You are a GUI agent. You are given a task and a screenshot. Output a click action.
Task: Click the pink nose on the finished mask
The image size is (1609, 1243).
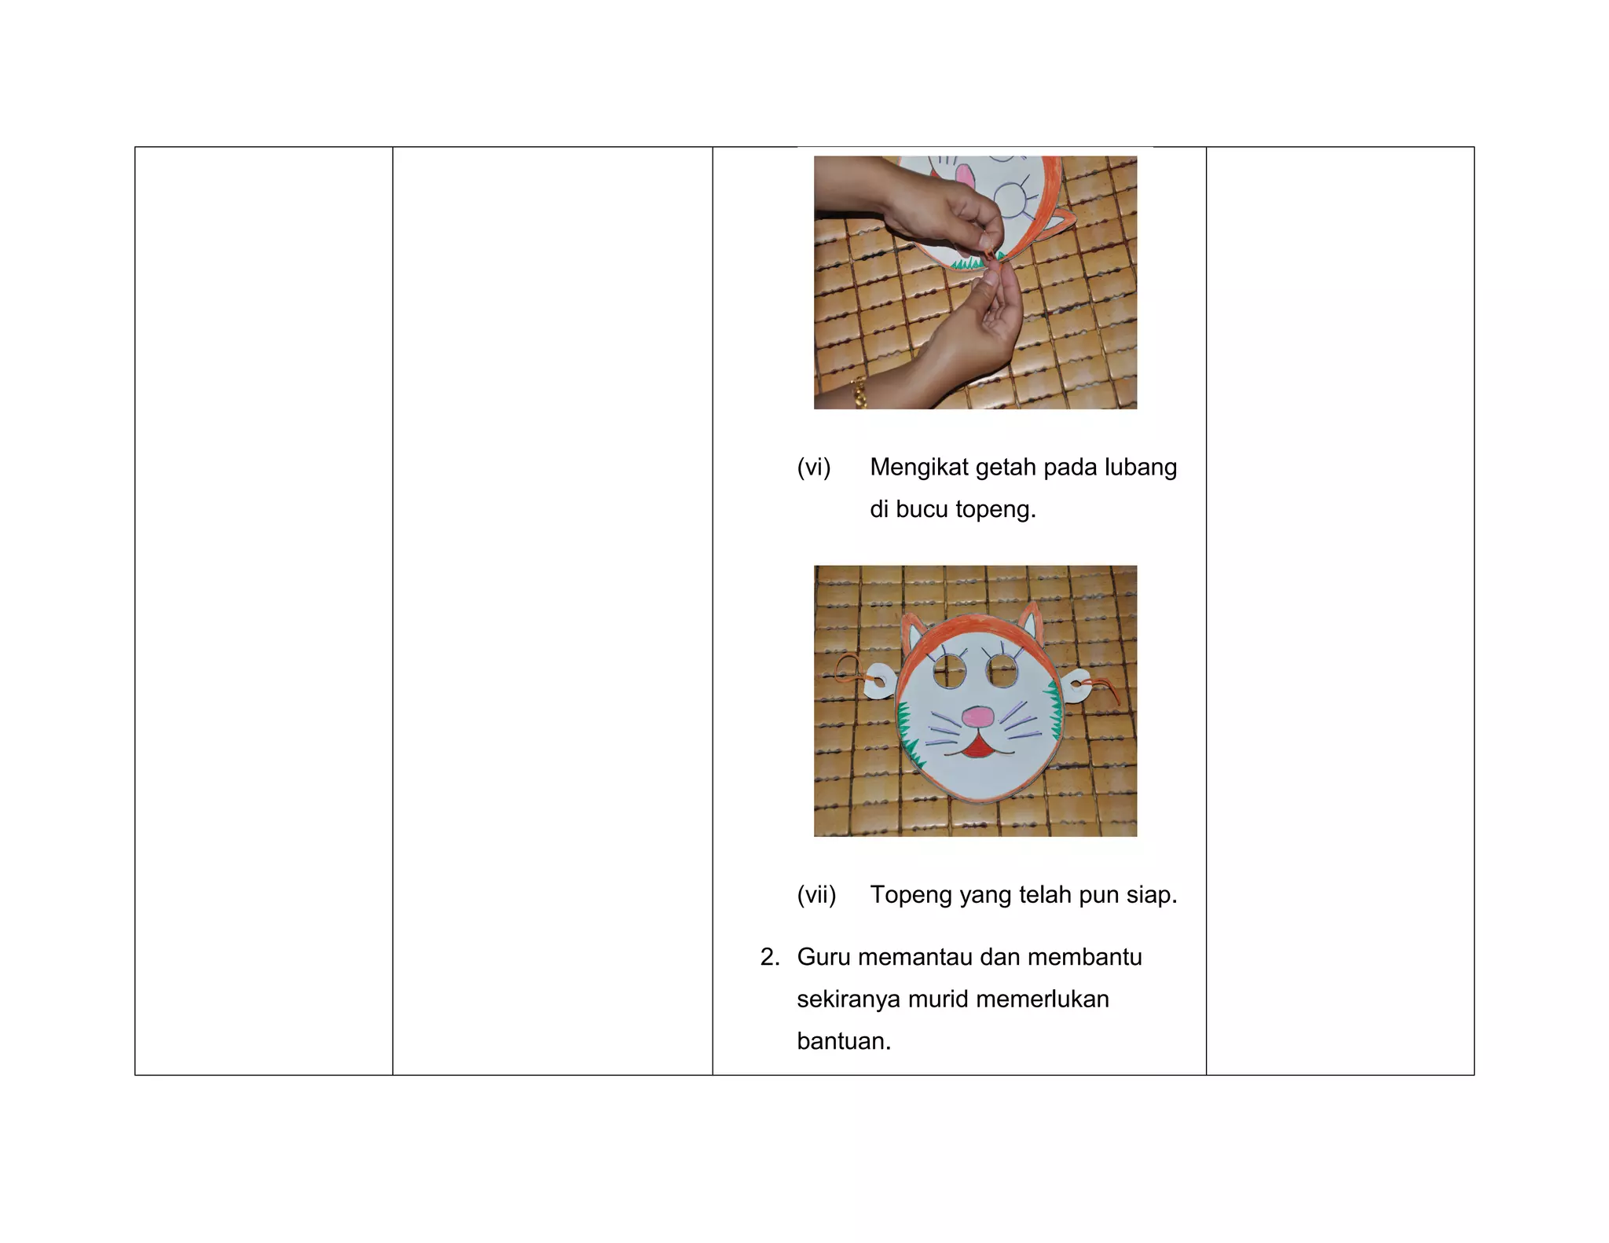978,717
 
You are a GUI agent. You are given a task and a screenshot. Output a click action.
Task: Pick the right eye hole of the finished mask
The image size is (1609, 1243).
1003,670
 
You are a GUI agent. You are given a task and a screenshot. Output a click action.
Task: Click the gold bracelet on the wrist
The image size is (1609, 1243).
859,392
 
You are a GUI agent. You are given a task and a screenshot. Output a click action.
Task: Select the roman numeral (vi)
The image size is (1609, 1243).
814,467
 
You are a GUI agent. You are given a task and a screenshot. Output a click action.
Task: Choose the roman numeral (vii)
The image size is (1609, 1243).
817,895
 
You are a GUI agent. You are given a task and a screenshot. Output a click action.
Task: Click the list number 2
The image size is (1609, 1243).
770,957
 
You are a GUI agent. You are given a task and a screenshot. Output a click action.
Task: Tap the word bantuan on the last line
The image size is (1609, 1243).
844,1041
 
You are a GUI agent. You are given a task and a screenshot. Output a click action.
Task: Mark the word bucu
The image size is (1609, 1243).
922,509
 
